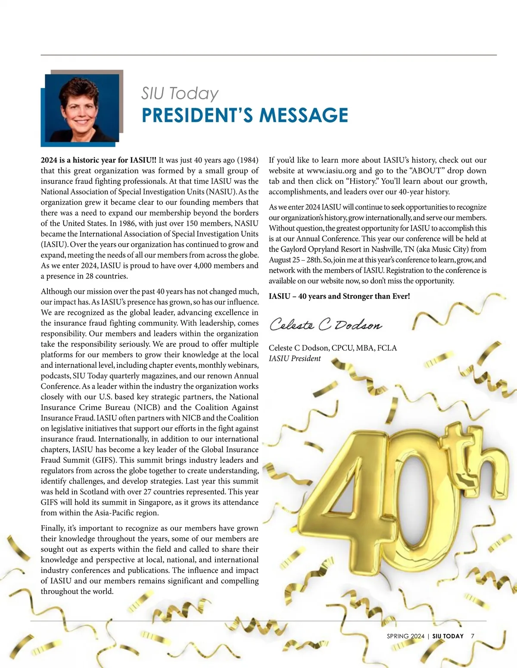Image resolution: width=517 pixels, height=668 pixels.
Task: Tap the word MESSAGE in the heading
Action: pyautogui.click(x=303, y=115)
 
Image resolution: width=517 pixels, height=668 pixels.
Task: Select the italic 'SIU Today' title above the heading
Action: pyautogui.click(x=180, y=93)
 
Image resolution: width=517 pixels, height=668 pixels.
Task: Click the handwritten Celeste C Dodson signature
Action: pyautogui.click(x=325, y=325)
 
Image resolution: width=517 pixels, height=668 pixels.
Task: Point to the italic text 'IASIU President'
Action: pyautogui.click(x=295, y=358)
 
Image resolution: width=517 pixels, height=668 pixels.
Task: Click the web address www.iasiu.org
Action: pyautogui.click(x=331, y=171)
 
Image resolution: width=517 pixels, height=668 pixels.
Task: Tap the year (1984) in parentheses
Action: pyautogui.click(x=248, y=160)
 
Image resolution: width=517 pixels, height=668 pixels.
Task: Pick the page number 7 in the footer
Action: pyautogui.click(x=473, y=636)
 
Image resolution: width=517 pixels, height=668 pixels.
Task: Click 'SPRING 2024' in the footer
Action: pyautogui.click(x=405, y=636)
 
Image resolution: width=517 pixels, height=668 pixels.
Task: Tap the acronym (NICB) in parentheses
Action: pyautogui.click(x=147, y=407)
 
